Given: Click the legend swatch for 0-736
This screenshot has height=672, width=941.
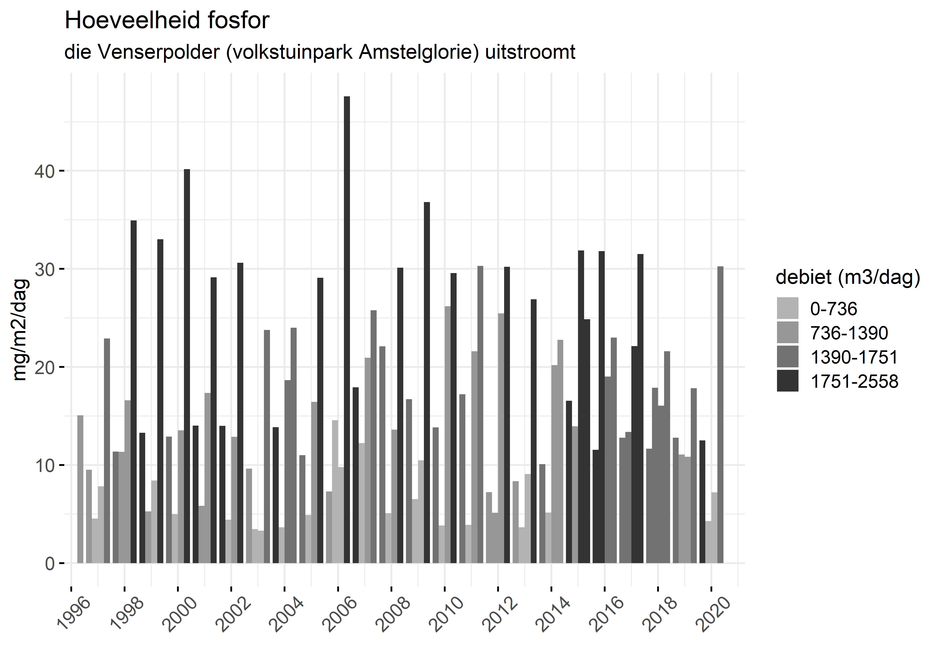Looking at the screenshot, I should coord(788,308).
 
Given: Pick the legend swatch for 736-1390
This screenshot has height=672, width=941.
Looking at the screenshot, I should coord(788,333).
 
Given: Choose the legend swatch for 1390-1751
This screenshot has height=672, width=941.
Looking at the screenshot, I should coord(788,357).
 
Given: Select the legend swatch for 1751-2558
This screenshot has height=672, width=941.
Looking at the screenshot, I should coord(788,381).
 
